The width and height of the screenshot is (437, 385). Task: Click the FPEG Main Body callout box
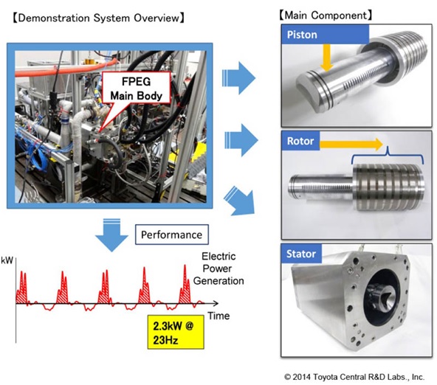137,88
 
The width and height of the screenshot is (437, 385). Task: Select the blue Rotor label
300,141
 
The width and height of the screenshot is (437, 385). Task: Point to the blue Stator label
301,254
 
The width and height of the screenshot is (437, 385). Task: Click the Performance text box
172,235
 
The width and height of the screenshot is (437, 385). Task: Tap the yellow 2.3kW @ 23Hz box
176,332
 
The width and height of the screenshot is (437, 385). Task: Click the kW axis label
7,260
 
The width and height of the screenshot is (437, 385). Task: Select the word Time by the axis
218,316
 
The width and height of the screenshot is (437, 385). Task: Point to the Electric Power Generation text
218,268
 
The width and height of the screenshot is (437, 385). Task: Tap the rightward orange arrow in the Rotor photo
351,144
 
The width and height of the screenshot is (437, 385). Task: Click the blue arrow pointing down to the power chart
111,235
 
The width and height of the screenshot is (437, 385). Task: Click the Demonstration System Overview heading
98,18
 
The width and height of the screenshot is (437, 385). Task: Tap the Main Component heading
326,15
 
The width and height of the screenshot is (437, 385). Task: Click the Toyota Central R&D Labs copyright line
354,377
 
